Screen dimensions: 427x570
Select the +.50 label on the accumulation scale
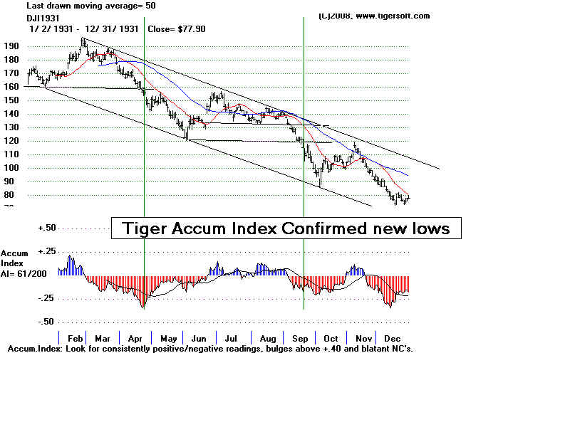click(46, 228)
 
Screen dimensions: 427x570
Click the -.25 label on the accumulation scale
click(46, 298)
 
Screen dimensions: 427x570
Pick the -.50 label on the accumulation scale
click(46, 322)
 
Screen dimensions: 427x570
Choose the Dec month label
click(392, 339)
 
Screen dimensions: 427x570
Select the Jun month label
click(199, 339)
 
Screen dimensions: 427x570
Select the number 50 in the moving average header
click(150, 5)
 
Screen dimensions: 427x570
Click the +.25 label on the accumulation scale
click(46, 251)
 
